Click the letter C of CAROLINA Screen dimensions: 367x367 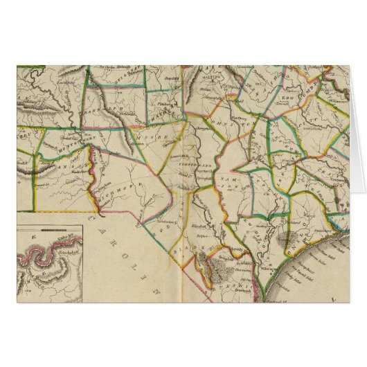tap(94, 218)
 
